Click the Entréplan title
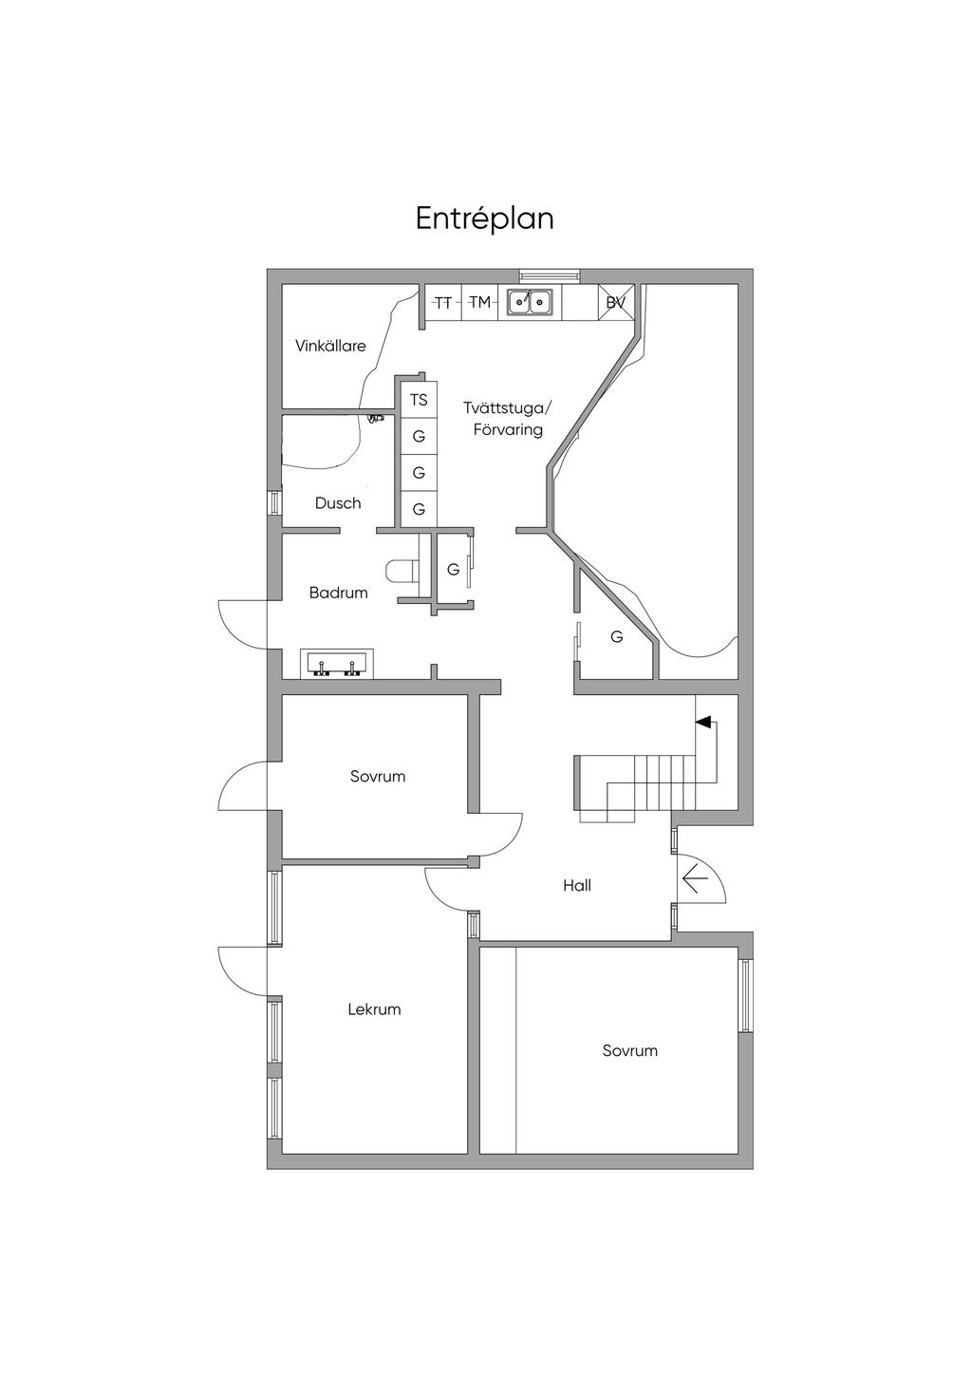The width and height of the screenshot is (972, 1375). (484, 218)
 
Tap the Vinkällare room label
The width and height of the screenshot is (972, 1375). (330, 346)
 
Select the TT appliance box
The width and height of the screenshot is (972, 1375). (442, 303)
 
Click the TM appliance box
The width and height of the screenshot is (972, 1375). (479, 303)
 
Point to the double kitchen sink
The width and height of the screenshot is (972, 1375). (530, 302)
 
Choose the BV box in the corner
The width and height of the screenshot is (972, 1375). (616, 303)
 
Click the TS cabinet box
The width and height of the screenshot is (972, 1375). (419, 401)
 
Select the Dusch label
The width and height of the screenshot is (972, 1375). (338, 503)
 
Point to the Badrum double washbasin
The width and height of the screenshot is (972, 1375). (337, 664)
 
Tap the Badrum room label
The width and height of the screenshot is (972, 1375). (338, 593)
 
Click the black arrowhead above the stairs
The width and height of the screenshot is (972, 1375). (703, 723)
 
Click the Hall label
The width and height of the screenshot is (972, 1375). (577, 885)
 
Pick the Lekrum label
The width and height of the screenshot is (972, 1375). (374, 1009)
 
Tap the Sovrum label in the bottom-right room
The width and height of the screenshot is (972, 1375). (629, 1050)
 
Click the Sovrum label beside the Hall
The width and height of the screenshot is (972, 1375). (378, 776)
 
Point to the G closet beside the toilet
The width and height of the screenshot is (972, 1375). (453, 570)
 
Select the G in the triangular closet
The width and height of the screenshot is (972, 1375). (617, 636)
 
